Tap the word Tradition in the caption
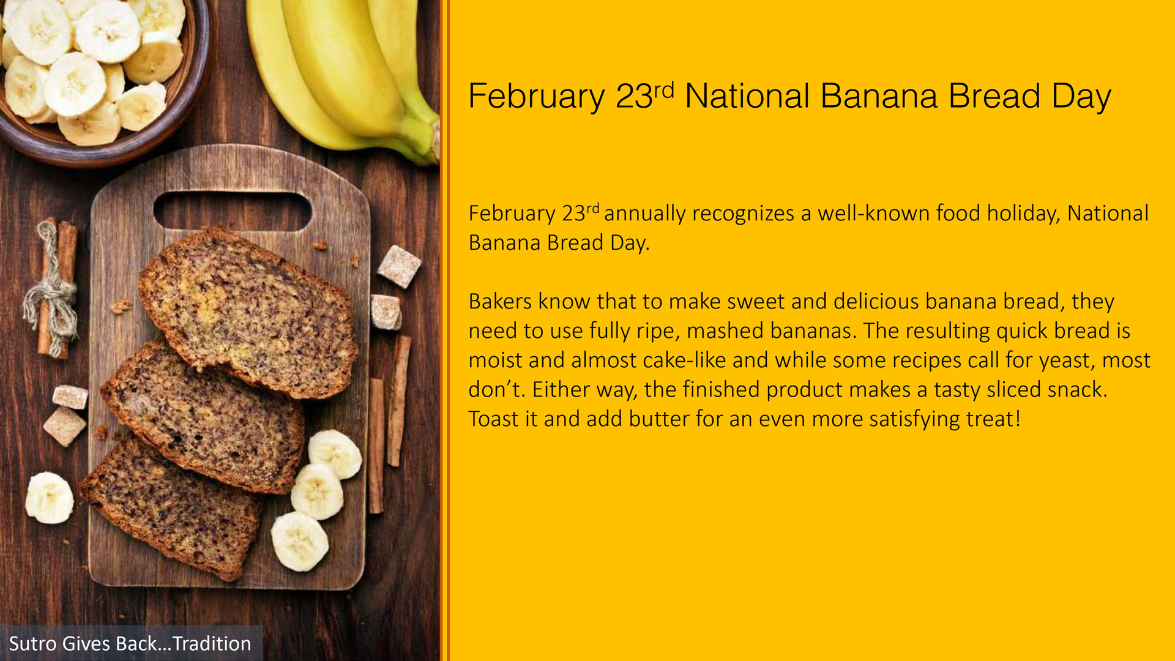pos(212,644)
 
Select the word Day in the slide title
pos(1081,97)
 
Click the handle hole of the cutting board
pos(232,211)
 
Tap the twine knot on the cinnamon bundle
pos(54,300)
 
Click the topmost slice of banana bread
pos(248,312)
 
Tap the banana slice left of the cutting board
pos(49,498)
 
